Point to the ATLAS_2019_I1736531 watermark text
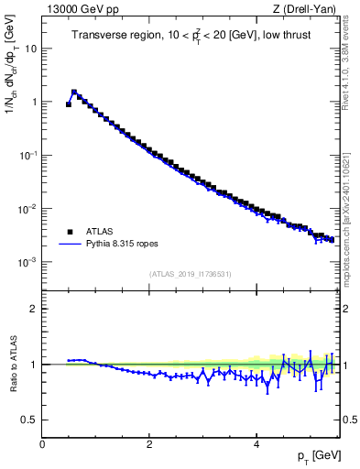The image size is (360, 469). [x=191, y=274]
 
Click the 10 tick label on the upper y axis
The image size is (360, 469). [x=31, y=48]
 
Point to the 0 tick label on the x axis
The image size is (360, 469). [x=42, y=444]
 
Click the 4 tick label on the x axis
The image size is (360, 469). [x=256, y=444]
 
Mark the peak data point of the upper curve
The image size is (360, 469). [x=74, y=92]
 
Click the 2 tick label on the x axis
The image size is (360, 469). [x=149, y=444]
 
